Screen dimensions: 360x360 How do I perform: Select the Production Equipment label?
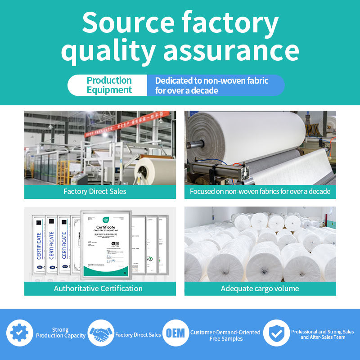(109, 85)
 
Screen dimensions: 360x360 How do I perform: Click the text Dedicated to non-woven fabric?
(211, 81)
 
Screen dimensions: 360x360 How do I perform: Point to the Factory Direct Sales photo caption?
(94, 191)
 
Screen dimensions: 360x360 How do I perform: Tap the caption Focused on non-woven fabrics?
(260, 191)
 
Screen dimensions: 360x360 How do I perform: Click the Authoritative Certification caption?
(98, 288)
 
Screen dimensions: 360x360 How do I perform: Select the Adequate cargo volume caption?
(260, 288)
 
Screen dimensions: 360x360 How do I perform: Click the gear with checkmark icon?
(20, 333)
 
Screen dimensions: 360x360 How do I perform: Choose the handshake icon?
(101, 333)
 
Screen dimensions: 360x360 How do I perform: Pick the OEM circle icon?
(175, 333)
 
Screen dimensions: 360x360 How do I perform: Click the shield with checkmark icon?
(276, 333)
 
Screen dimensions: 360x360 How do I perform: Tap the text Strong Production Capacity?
(61, 333)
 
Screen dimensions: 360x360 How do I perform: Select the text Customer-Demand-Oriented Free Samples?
(225, 335)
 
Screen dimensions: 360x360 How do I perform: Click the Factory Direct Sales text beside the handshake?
(138, 335)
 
